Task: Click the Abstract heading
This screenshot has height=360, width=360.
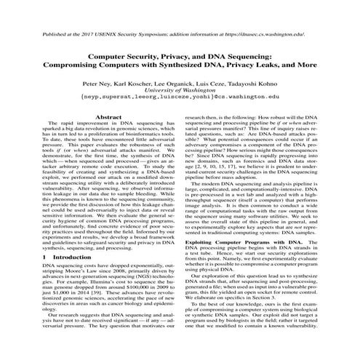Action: (x=107, y=116)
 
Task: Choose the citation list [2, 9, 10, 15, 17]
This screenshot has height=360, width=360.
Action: (x=215, y=164)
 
